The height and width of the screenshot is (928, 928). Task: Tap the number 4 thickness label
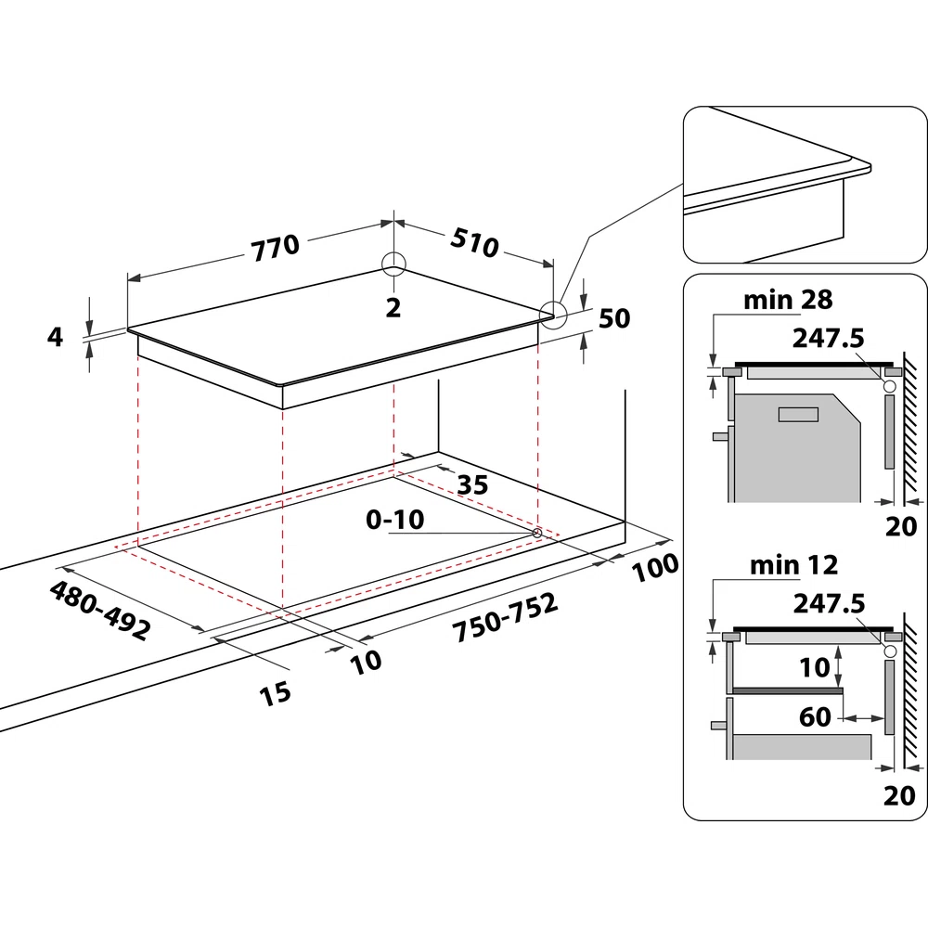[x=56, y=337]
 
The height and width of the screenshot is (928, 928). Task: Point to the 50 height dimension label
[x=612, y=318]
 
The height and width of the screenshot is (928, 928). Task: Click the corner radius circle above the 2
[x=393, y=264]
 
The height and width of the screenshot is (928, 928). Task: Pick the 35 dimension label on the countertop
[x=472, y=484]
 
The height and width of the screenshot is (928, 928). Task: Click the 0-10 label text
[x=394, y=520]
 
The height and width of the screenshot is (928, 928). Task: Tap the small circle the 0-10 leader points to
[x=538, y=533]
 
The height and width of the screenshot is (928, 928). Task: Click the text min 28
[x=788, y=300]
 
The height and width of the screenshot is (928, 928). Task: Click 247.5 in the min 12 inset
[x=830, y=603]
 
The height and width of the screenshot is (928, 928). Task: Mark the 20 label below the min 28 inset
[x=899, y=527]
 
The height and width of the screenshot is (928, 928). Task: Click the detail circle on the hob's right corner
[x=554, y=314]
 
